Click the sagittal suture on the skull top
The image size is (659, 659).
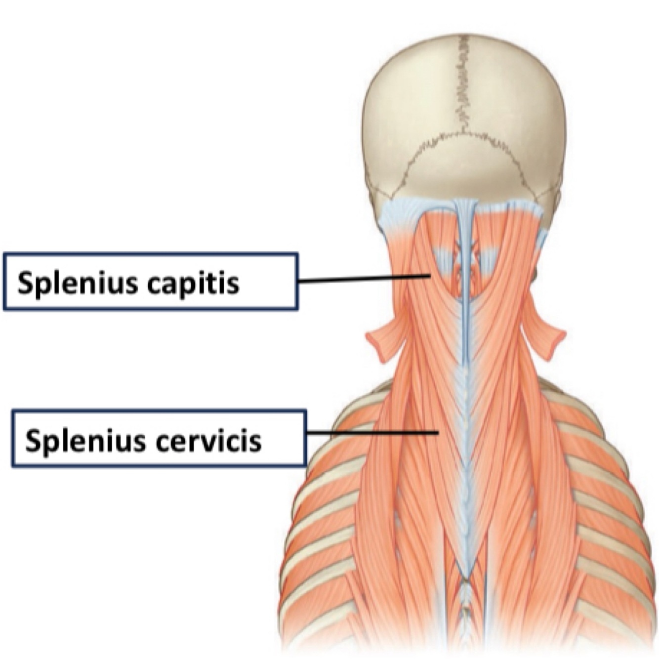coord(463,84)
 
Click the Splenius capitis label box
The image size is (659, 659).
coord(151,282)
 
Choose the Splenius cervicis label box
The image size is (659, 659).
coord(159,438)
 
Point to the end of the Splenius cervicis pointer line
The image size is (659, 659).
coord(438,433)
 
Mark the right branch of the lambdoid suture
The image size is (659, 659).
coord(514,153)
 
